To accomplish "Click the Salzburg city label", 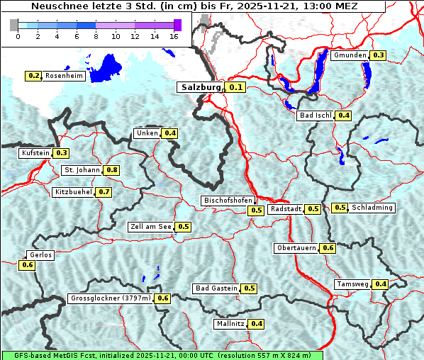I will pos(201,87).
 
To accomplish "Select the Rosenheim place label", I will pos(64,76).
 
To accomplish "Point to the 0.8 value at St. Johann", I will pos(111,170).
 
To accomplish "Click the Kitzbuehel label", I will pos(73,192).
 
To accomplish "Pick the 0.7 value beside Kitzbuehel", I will pos(104,192).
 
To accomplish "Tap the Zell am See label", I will pos(151,227).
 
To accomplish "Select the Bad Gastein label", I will pos(216,288).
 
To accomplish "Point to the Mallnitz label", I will pos(230,324).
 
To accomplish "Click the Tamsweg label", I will pos(352,284).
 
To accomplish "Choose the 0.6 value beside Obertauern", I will pos(328,248).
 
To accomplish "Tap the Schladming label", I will pos(372,208).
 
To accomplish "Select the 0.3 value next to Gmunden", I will pos(378,55).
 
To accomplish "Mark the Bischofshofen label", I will pos(228,201).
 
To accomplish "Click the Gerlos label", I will pos(40,255).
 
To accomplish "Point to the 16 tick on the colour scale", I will pos(173,36).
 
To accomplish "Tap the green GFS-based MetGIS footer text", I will pos(162,355).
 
